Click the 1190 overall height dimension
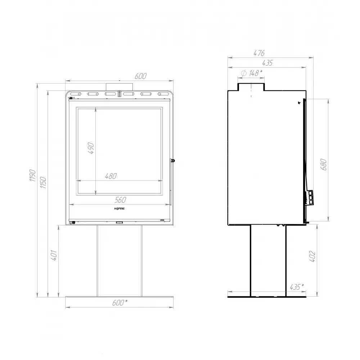(32, 176)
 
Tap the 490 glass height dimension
(90, 148)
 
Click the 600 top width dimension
(141, 76)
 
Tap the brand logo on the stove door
(119, 209)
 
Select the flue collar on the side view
(251, 87)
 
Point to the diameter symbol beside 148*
(243, 73)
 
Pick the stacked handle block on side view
(310, 197)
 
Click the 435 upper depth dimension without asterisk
(267, 63)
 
